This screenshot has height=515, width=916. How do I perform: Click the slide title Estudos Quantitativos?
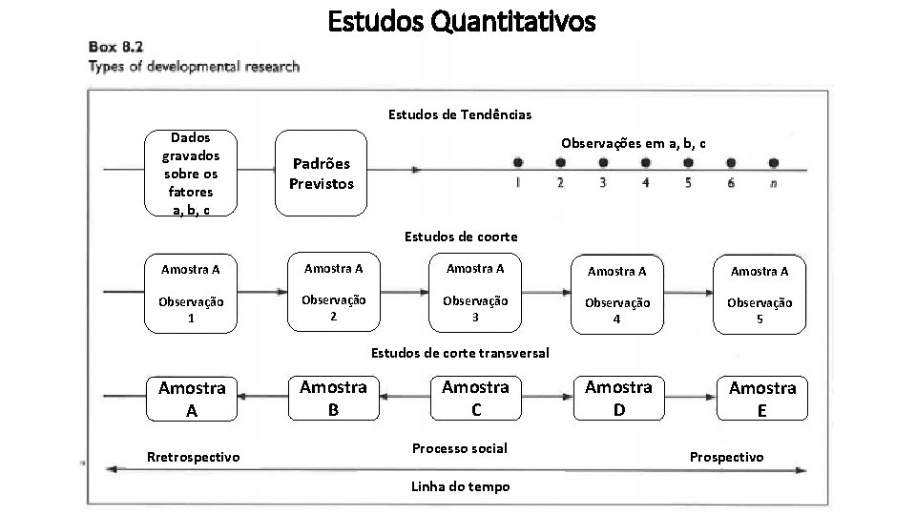click(x=462, y=21)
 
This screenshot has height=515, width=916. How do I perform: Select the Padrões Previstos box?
click(x=322, y=174)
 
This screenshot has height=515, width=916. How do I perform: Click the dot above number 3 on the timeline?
click(x=603, y=163)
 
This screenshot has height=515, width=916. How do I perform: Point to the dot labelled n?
click(x=773, y=163)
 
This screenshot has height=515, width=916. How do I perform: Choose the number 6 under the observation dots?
click(x=730, y=183)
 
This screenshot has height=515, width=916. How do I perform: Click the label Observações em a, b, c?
click(x=634, y=143)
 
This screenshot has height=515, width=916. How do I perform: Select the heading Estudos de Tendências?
click(x=460, y=114)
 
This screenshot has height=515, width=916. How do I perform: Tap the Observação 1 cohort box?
click(x=191, y=294)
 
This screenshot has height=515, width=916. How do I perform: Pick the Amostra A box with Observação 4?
click(x=616, y=295)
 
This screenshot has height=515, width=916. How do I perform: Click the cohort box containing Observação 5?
click(x=759, y=295)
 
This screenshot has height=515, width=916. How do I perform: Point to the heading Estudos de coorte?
click(x=461, y=236)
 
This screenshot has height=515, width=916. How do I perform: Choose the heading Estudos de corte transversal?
click(x=459, y=353)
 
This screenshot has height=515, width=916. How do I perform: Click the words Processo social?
click(x=459, y=448)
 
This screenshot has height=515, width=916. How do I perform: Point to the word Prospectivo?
click(x=726, y=457)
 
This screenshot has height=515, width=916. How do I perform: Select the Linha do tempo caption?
click(x=460, y=486)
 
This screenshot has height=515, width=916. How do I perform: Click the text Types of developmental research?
click(x=194, y=67)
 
